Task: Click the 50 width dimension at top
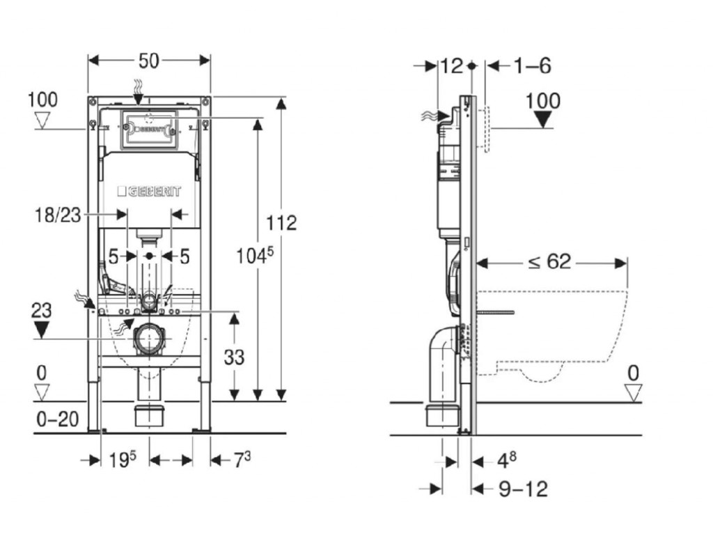(148, 61)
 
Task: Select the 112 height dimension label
(281, 222)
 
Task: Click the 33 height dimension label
(235, 357)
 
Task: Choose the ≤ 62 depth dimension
(549, 261)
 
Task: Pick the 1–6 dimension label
(532, 66)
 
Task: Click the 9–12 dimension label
(524, 489)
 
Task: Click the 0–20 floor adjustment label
(57, 420)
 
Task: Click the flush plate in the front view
(148, 129)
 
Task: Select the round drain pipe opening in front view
(149, 339)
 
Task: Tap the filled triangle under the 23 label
(42, 329)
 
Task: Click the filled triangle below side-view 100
(543, 119)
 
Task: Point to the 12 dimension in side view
(451, 66)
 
